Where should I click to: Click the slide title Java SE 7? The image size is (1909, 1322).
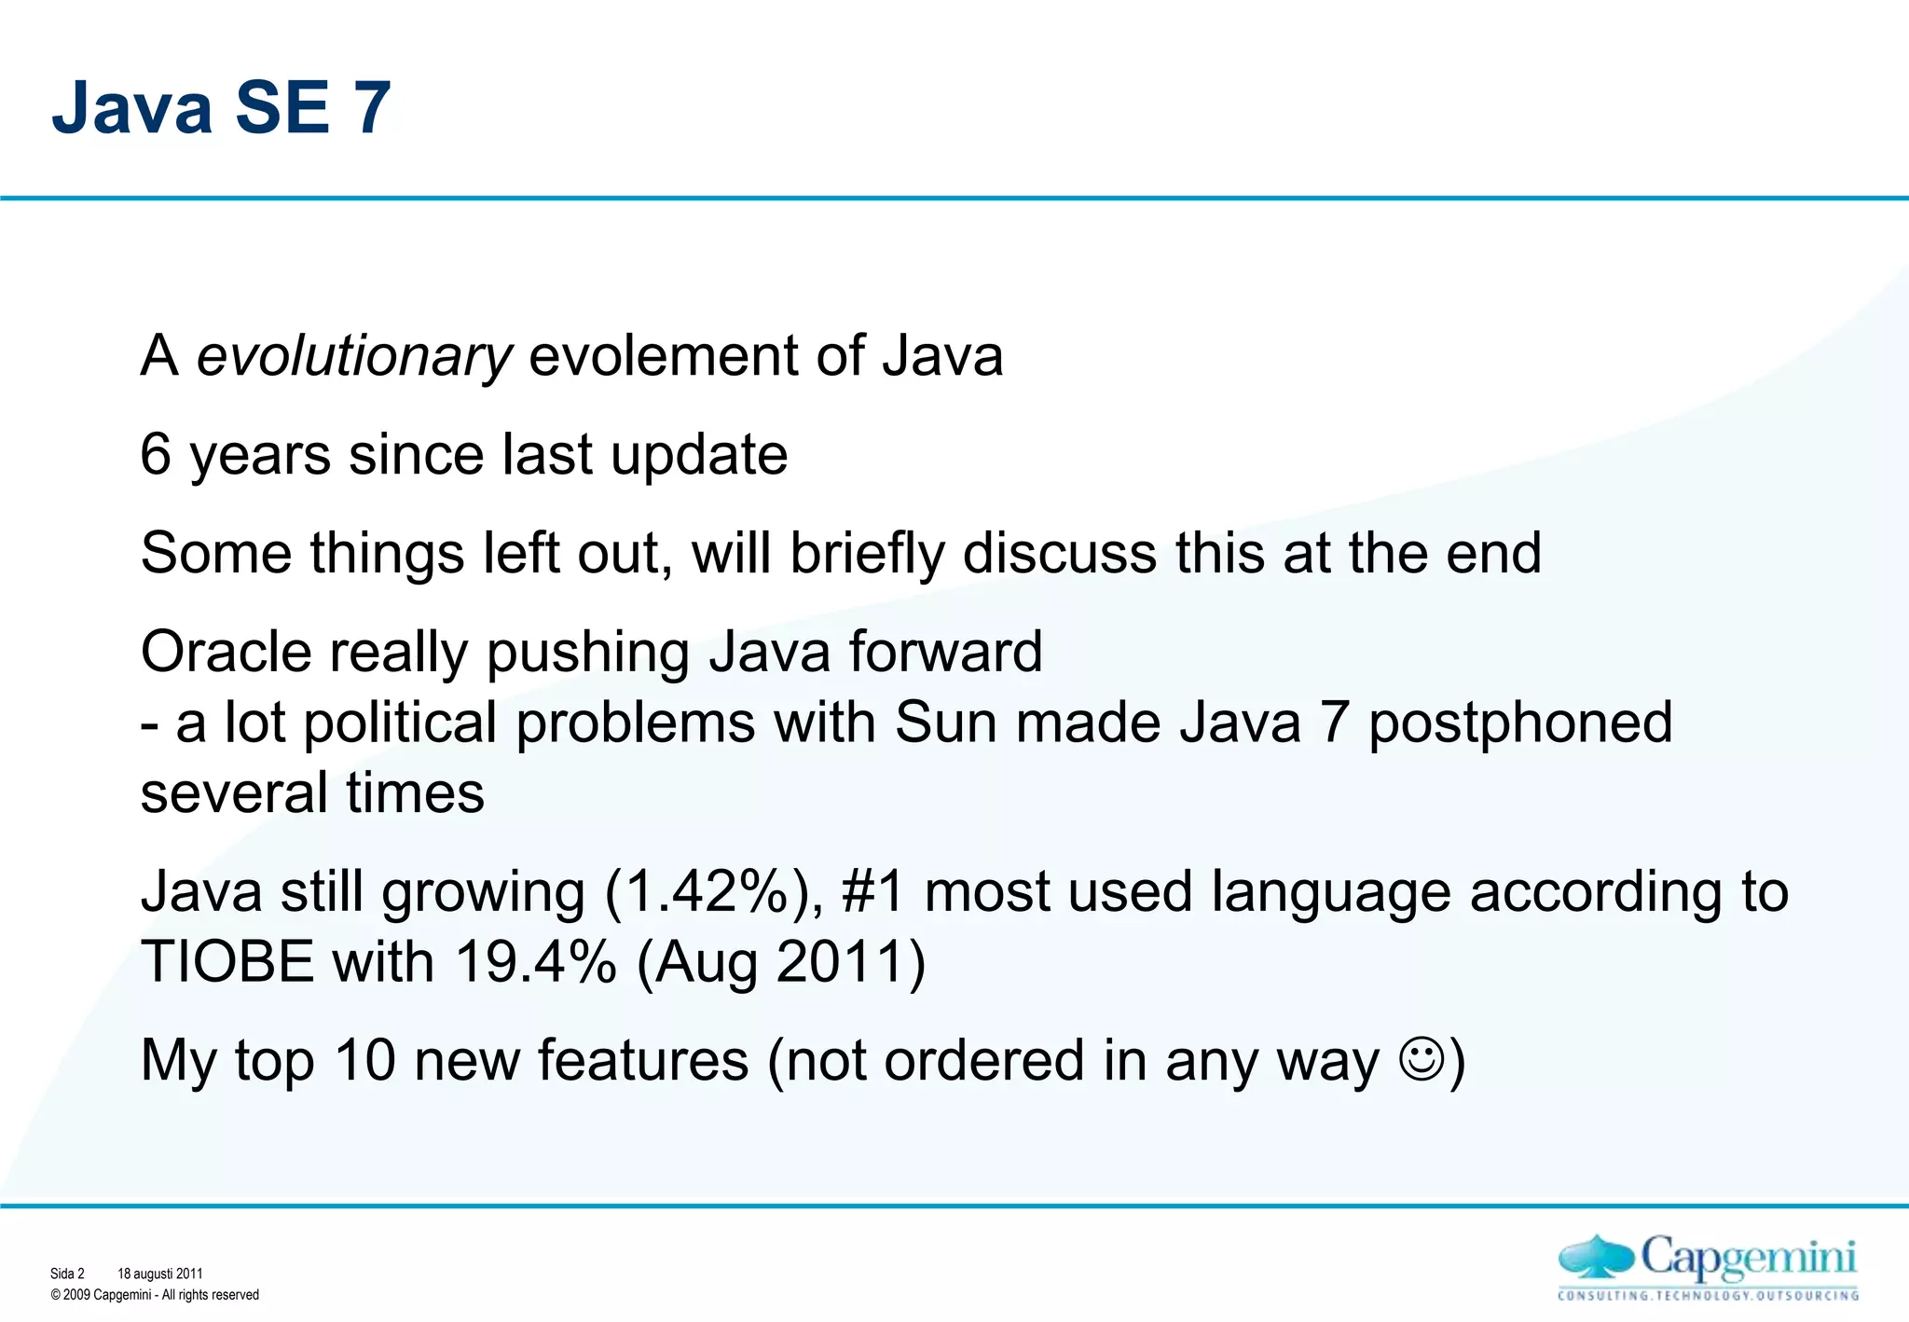click(221, 107)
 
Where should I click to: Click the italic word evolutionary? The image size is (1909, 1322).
click(353, 357)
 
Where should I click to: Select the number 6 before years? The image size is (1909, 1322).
click(156, 455)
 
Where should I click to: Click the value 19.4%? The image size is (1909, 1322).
click(535, 962)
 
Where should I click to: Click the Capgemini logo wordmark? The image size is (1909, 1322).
click(1748, 1259)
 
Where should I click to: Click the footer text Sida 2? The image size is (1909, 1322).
click(67, 1274)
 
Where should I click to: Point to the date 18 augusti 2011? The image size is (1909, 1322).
click(159, 1274)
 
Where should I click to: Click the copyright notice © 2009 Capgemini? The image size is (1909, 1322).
click(155, 1295)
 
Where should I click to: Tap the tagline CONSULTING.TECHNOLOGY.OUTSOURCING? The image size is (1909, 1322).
click(1708, 1295)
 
